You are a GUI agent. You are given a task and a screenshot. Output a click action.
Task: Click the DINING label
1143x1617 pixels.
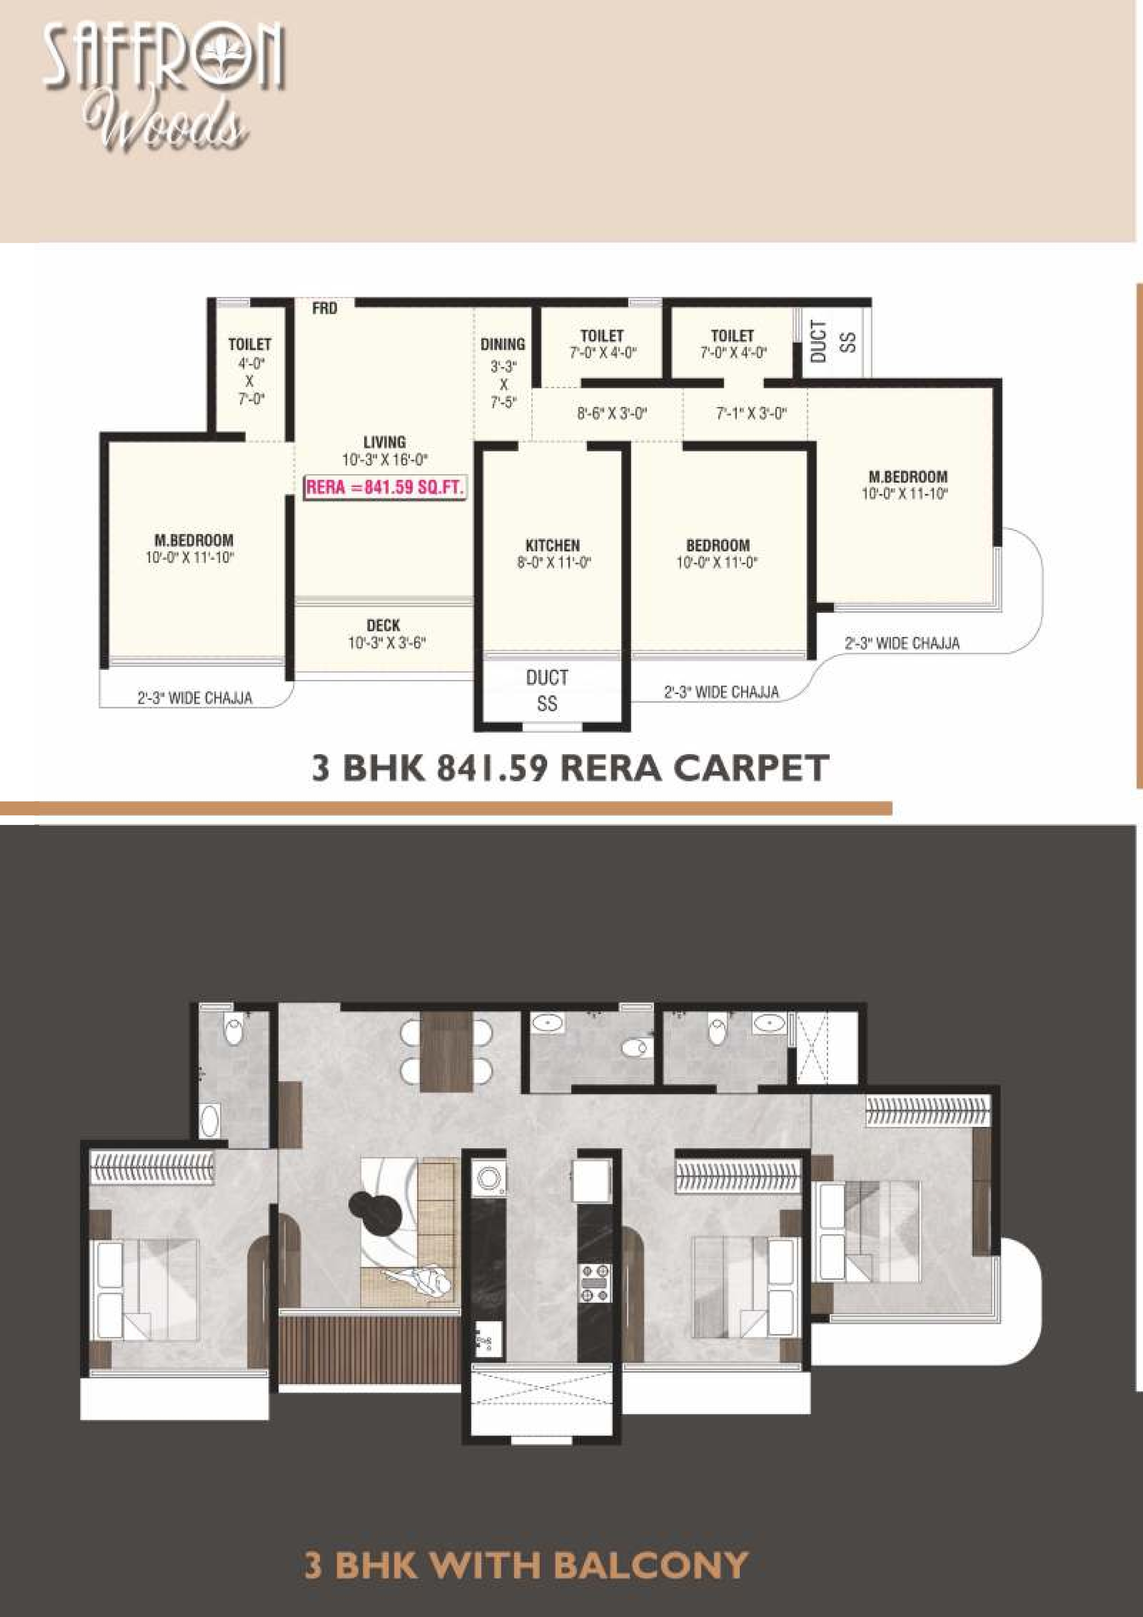[503, 344]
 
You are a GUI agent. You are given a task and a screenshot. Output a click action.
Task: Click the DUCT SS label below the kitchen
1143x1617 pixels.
[547, 690]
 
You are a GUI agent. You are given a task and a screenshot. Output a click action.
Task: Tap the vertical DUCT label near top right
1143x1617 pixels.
[818, 342]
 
